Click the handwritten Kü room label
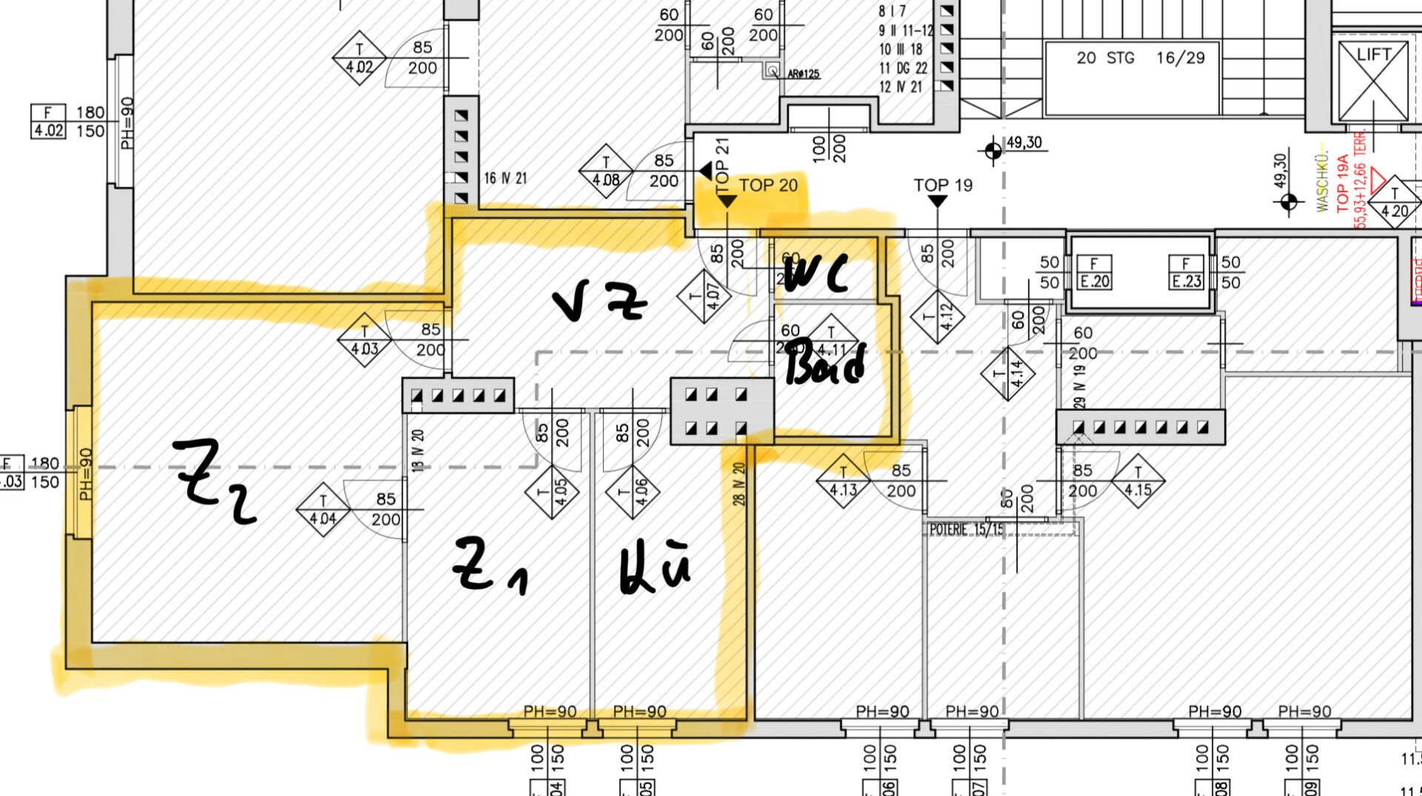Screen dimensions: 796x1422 (x=655, y=569)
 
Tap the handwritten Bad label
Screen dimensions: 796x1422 (x=824, y=364)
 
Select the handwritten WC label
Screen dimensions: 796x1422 (x=815, y=273)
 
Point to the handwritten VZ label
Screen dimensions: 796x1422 (x=600, y=300)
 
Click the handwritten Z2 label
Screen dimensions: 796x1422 (x=215, y=481)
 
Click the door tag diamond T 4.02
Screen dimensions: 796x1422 (x=359, y=58)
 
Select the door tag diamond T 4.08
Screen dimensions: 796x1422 (x=606, y=171)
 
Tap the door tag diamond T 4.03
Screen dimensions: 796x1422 (x=364, y=340)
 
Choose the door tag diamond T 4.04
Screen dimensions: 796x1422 (x=323, y=510)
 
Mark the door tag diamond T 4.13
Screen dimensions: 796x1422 (x=843, y=481)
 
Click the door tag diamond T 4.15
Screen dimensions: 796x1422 (x=1138, y=481)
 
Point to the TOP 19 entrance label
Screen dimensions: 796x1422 (x=942, y=185)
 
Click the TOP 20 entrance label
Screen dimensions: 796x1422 (x=768, y=185)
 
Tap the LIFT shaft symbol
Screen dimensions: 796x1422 (x=1373, y=81)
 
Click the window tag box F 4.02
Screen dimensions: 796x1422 (x=48, y=121)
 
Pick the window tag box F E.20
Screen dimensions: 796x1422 (x=1094, y=272)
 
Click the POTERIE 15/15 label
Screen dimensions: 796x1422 (x=967, y=529)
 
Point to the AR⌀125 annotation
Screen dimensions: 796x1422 (x=803, y=74)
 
